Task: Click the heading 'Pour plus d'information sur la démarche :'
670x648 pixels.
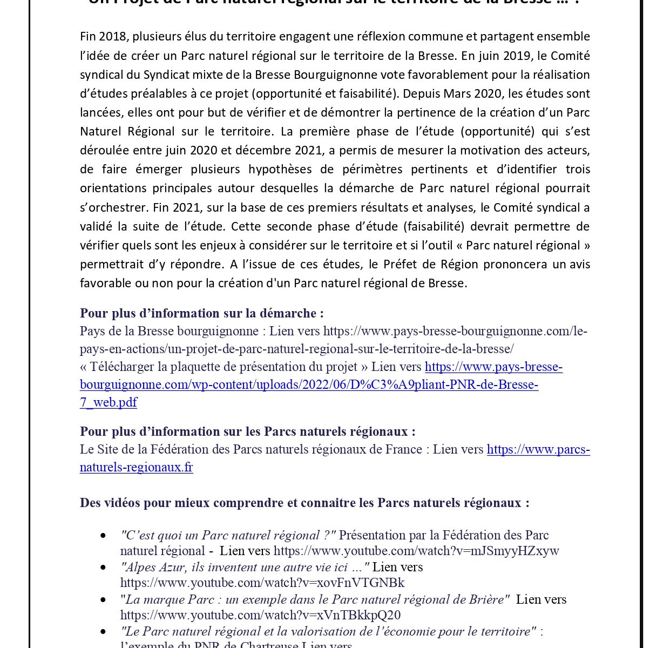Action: [x=201, y=313]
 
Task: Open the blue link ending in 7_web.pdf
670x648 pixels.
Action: [x=108, y=402]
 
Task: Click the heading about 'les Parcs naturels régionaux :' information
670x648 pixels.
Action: [x=247, y=431]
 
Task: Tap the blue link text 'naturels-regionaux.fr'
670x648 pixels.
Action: [x=136, y=467]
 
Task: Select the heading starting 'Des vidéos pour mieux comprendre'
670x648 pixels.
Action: [x=304, y=503]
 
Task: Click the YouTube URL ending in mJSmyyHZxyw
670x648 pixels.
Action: [x=416, y=551]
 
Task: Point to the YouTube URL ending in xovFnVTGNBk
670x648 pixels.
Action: [x=262, y=583]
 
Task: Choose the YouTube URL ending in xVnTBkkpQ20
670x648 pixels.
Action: [x=260, y=615]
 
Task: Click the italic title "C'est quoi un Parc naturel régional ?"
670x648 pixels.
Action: [x=228, y=535]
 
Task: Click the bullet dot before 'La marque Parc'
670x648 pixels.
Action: [x=103, y=600]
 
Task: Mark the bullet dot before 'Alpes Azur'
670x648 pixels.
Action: [x=103, y=568]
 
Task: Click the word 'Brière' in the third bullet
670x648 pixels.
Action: [x=487, y=599]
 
